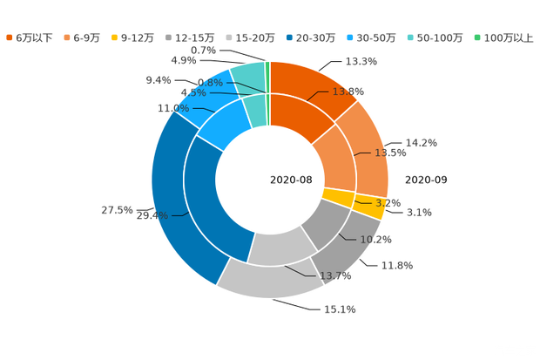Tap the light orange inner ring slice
click(335, 157)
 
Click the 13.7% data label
click(336, 276)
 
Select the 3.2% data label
click(388, 202)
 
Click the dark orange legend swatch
click(10, 37)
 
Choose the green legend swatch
click(476, 37)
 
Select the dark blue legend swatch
click(289, 37)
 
